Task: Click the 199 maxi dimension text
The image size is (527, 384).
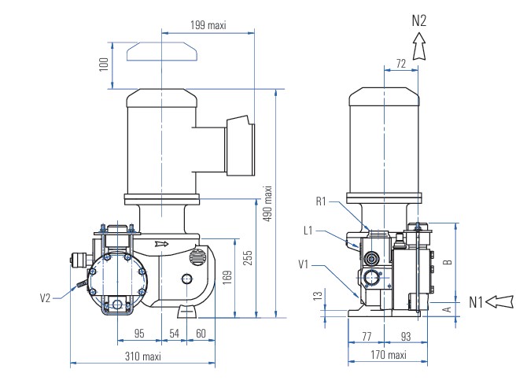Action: click(208, 25)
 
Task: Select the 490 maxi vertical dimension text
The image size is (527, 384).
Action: click(267, 204)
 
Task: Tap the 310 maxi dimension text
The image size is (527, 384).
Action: click(143, 356)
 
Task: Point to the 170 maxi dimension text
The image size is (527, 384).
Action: click(389, 355)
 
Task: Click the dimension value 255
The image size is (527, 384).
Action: click(248, 258)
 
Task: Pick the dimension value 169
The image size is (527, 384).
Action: click(227, 278)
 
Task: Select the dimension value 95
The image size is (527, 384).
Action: click(139, 333)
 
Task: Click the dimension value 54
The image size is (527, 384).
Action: click(174, 333)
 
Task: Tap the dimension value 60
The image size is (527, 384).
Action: click(201, 333)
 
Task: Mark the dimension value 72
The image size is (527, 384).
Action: click(401, 63)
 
